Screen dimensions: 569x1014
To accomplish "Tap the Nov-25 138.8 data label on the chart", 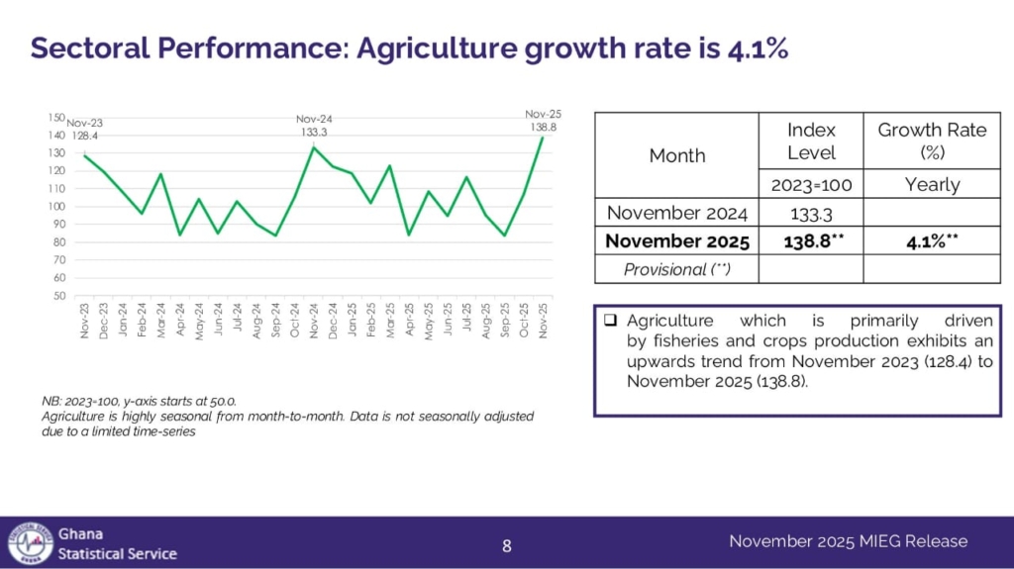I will point(543,121).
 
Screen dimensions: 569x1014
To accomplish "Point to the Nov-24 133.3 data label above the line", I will point(314,125).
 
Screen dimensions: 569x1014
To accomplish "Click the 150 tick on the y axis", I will point(56,118).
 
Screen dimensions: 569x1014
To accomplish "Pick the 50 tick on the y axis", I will point(59,296).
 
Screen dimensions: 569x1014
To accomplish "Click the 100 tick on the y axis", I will point(56,207).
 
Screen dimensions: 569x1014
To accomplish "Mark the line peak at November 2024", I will point(314,147).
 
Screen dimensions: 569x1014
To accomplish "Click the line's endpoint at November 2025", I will point(543,138).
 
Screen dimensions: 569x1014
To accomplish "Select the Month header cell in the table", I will point(677,155).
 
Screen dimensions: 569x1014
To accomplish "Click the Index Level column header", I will point(811,142).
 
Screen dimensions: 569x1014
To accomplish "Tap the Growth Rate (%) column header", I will point(932,142).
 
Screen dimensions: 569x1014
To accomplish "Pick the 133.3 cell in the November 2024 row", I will point(811,213).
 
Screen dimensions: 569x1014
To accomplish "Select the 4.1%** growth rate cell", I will point(932,240).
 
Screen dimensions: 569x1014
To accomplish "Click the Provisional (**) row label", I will point(677,268).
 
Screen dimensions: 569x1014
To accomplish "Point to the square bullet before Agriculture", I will point(610,321).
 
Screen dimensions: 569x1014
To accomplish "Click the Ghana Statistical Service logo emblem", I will point(30,542).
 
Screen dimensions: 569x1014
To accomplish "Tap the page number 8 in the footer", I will point(507,544).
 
